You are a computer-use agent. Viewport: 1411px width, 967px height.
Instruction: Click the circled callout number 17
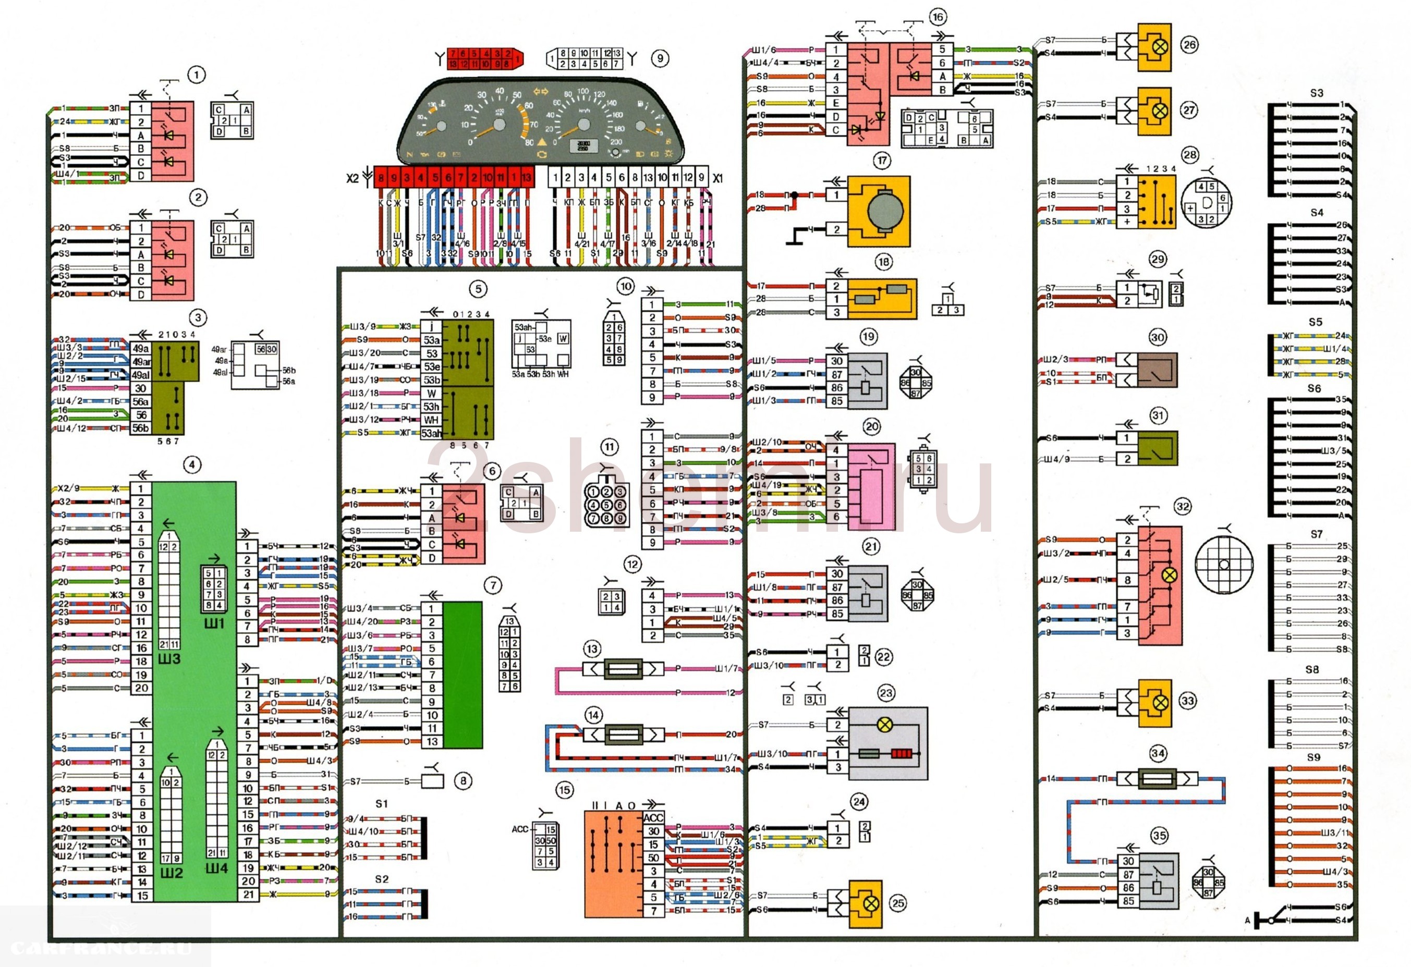pyautogui.click(x=882, y=161)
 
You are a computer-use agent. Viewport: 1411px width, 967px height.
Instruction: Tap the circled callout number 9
pyautogui.click(x=660, y=59)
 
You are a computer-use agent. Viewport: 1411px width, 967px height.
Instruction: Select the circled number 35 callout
pyautogui.click(x=1159, y=835)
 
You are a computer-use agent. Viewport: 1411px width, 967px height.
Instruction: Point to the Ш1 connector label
pyautogui.click(x=214, y=623)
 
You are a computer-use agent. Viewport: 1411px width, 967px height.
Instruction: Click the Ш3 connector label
pyautogui.click(x=169, y=658)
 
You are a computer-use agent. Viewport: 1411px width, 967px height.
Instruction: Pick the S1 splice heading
pyautogui.click(x=381, y=804)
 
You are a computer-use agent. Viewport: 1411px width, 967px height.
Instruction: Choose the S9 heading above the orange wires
pyautogui.click(x=1313, y=757)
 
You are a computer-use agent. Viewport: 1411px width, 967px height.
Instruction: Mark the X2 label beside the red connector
pyautogui.click(x=352, y=178)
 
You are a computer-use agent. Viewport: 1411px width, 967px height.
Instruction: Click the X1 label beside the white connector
pyautogui.click(x=718, y=178)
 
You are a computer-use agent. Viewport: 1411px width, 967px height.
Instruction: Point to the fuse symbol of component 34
pyautogui.click(x=1157, y=778)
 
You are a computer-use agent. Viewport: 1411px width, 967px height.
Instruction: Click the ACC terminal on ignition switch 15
pyautogui.click(x=653, y=818)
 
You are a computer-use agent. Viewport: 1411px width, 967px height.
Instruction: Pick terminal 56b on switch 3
pyautogui.click(x=140, y=429)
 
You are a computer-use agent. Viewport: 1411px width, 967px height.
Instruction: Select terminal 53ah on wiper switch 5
pyautogui.click(x=431, y=433)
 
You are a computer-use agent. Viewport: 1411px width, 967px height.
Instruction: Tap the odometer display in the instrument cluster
pyautogui.click(x=583, y=145)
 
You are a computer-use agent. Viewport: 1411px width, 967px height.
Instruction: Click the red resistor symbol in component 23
pyautogui.click(x=902, y=754)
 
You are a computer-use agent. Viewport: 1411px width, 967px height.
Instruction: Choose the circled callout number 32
pyautogui.click(x=1182, y=507)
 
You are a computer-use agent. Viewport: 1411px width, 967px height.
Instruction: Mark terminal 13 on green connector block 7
pyautogui.click(x=432, y=741)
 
